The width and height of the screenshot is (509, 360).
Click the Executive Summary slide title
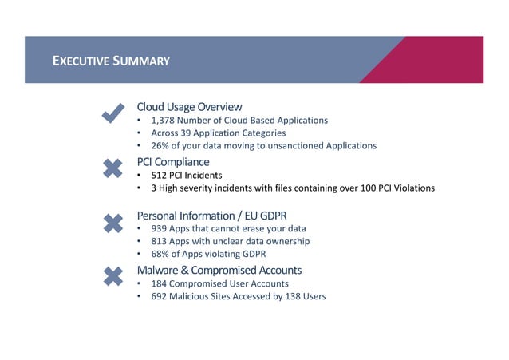pyautogui.click(x=111, y=61)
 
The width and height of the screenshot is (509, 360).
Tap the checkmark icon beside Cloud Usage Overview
pyautogui.click(x=113, y=113)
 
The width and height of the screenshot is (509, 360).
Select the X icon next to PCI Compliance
pyautogui.click(x=113, y=168)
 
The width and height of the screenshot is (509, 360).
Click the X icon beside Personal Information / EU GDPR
pyautogui.click(x=113, y=222)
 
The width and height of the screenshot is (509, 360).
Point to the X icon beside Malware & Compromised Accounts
pyautogui.click(x=113, y=276)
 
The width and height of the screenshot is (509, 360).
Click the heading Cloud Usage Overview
pyautogui.click(x=189, y=107)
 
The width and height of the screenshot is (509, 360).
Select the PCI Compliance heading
pyautogui.click(x=173, y=162)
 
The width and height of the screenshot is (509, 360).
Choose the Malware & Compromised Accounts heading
pyautogui.click(x=219, y=270)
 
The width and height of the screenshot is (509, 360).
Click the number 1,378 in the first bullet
pyautogui.click(x=164, y=121)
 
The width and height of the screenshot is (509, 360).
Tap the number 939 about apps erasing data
pyautogui.click(x=160, y=228)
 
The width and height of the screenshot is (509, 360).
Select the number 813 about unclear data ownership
pyautogui.click(x=160, y=241)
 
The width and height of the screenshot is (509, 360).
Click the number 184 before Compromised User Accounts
pyautogui.click(x=160, y=283)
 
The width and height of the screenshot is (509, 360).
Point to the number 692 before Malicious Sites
pyautogui.click(x=160, y=296)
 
